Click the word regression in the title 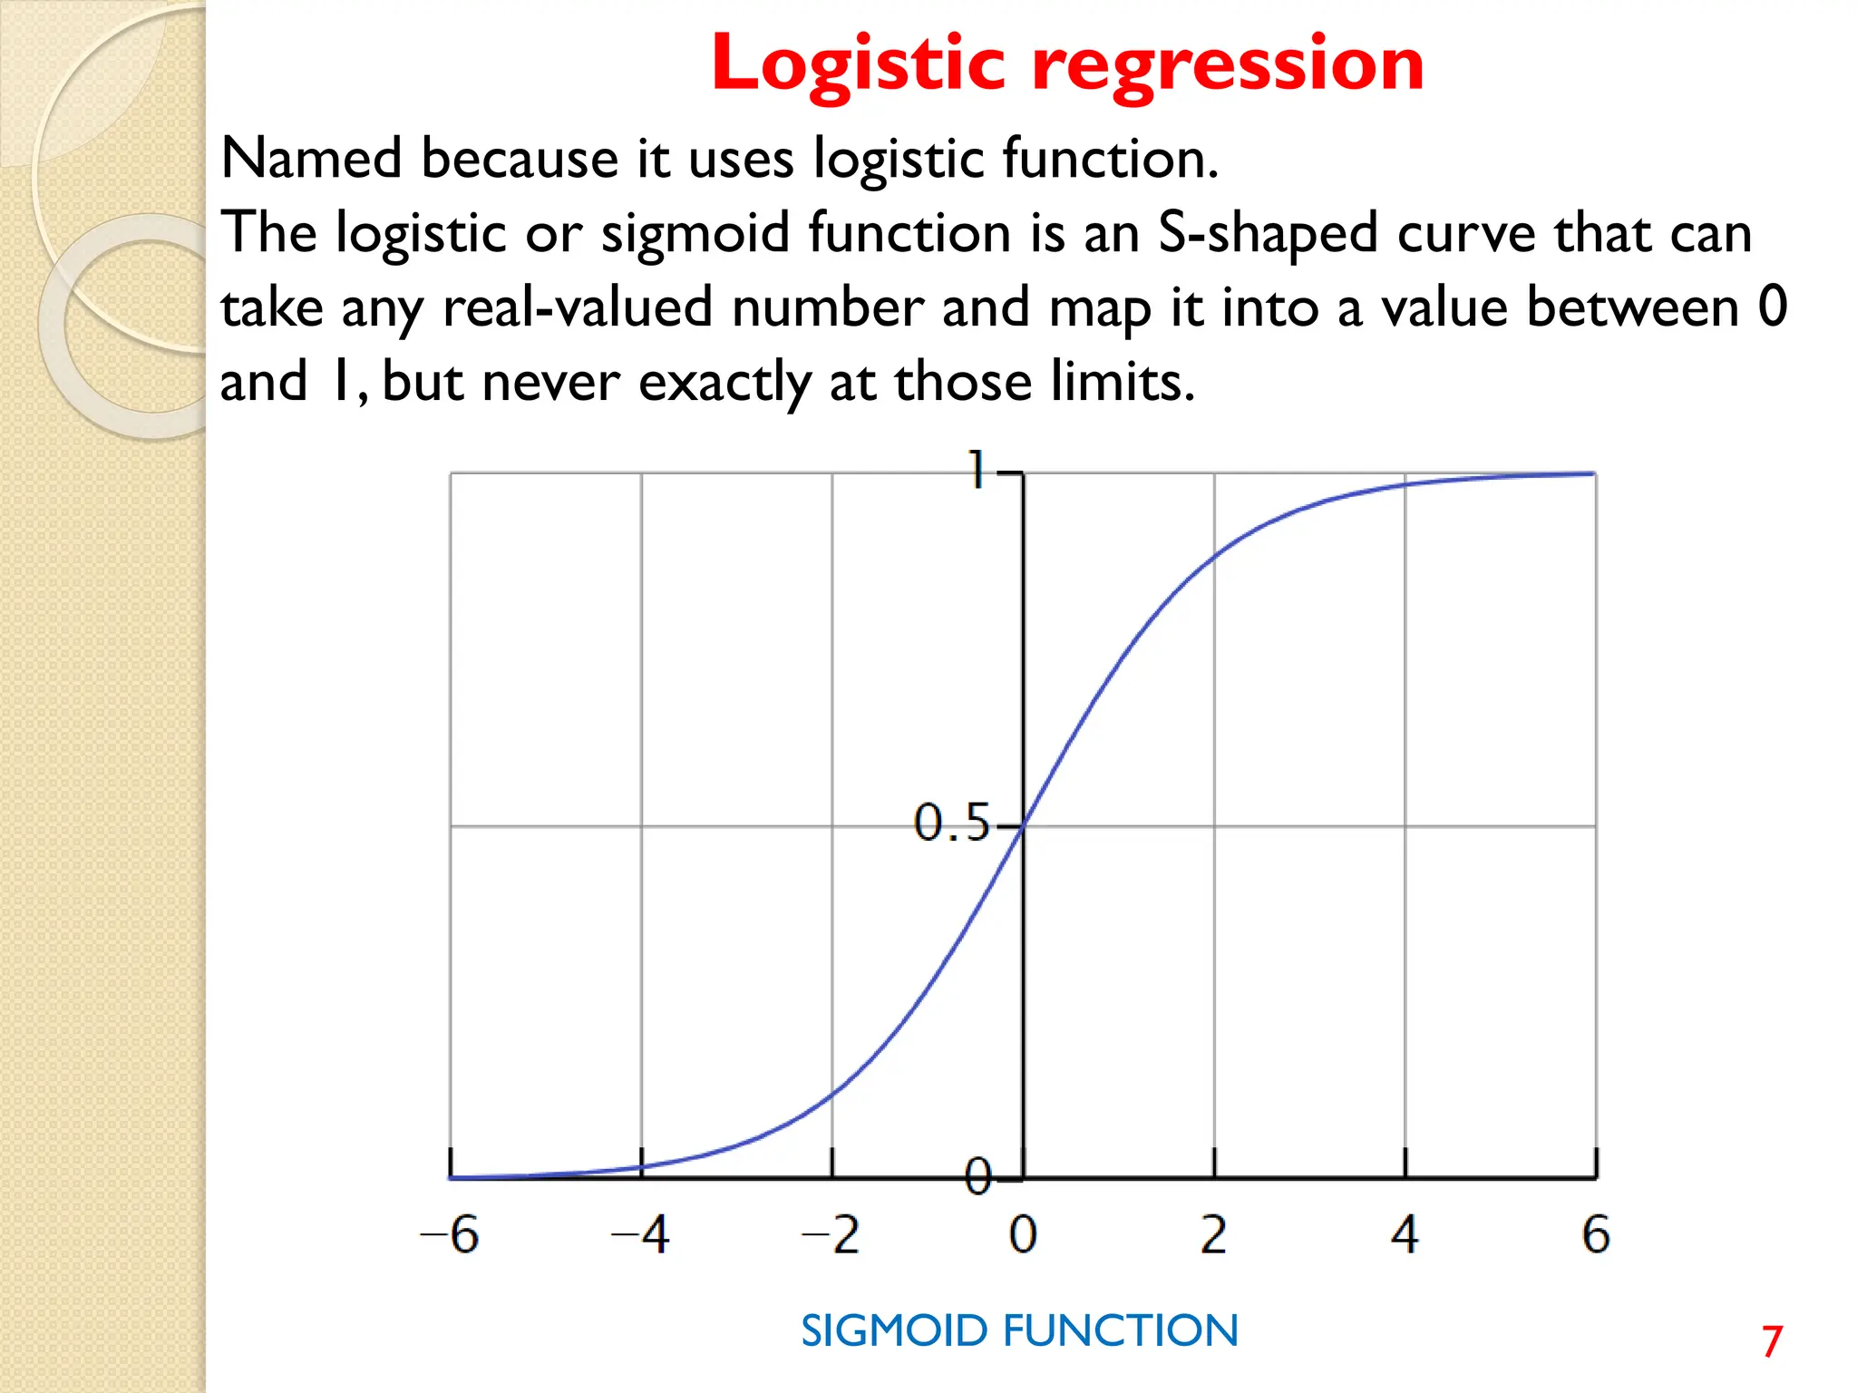pos(1228,65)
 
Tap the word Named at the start pos(311,159)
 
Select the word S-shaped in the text pos(1268,233)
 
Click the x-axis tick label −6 pos(450,1234)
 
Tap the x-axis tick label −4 pos(641,1234)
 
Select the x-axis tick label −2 pos(831,1234)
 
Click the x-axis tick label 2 pos(1213,1234)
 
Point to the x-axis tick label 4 pos(1405,1234)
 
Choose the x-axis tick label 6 pos(1596,1234)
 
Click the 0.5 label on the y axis pos(950,823)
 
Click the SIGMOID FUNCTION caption pos(1019,1331)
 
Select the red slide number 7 pos(1773,1341)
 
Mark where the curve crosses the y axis pos(1023,825)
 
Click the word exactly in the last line pos(724,382)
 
